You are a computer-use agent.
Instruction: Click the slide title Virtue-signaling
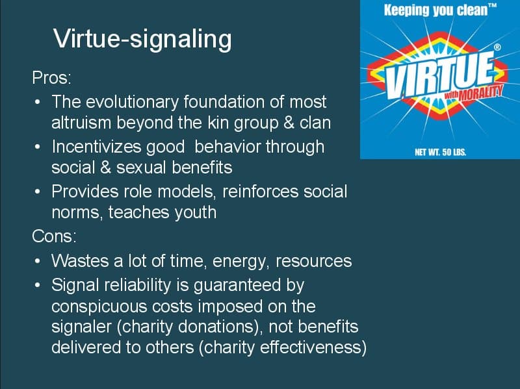click(142, 40)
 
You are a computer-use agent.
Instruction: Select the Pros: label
click(51, 79)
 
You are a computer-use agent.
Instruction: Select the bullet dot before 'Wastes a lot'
click(38, 261)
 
